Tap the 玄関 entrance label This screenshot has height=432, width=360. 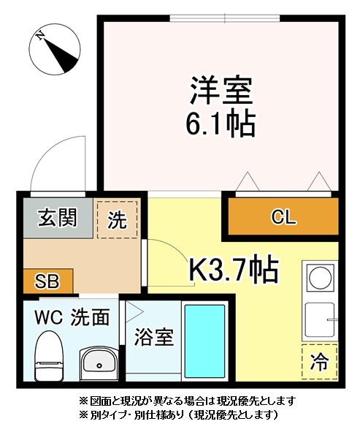click(x=58, y=218)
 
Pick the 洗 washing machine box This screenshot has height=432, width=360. click(x=117, y=219)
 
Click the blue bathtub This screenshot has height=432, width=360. click(x=204, y=342)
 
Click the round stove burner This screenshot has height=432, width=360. click(x=319, y=277)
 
